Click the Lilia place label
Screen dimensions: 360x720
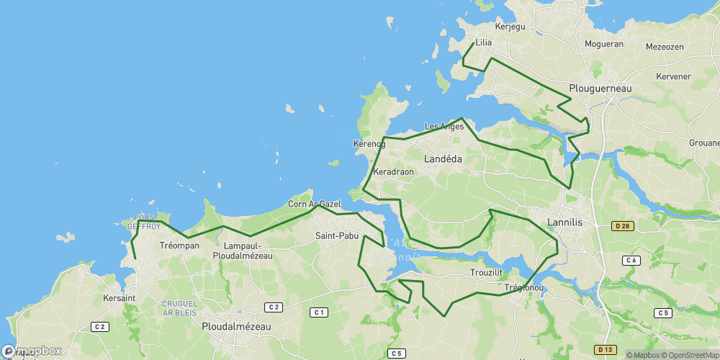click(x=484, y=42)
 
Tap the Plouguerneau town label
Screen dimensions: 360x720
click(x=600, y=89)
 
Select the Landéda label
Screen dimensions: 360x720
click(x=444, y=158)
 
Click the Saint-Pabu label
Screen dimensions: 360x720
click(x=337, y=235)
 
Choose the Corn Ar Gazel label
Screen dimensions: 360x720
click(x=314, y=204)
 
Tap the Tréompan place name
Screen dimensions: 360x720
click(x=179, y=246)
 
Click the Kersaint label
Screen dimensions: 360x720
click(x=120, y=298)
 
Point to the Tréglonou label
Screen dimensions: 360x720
click(x=524, y=288)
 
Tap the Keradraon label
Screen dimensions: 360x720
click(x=394, y=173)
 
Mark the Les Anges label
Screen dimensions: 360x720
click(x=444, y=127)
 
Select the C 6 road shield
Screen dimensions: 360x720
click(x=631, y=261)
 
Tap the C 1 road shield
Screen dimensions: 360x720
click(x=318, y=312)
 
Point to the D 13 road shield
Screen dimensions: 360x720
click(x=605, y=349)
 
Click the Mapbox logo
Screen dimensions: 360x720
click(x=31, y=351)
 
